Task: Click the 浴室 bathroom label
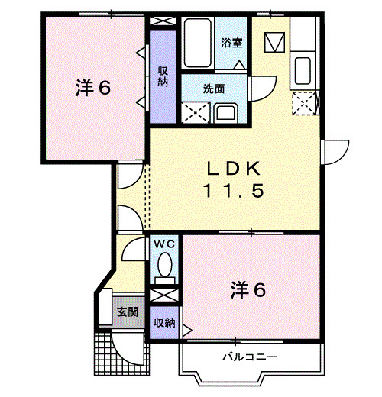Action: (233, 43)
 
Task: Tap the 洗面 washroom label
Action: (214, 88)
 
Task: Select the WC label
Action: (164, 244)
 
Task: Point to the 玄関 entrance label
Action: (127, 311)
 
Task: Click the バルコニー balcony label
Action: (249, 357)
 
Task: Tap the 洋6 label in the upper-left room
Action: (92, 88)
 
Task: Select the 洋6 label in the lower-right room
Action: (249, 290)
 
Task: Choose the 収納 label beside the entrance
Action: (163, 322)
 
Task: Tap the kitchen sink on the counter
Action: (303, 70)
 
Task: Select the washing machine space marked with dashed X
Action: (194, 113)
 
